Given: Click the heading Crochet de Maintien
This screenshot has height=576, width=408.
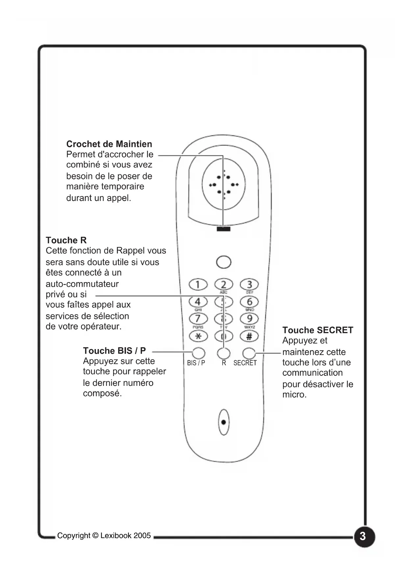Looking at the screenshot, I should [109, 144].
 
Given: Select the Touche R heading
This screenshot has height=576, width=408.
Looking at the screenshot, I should [66, 240].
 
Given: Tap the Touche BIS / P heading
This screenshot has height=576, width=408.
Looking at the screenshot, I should [114, 351].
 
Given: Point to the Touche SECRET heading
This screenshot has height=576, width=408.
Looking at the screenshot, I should [318, 330].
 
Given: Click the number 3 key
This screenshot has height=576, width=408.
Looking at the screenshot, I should [249, 284].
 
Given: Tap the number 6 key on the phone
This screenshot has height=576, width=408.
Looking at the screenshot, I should [249, 301].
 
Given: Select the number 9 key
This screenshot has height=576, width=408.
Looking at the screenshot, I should [249, 319].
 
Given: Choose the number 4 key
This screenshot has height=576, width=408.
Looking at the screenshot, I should [198, 301].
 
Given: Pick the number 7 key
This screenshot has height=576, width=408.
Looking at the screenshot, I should [198, 319].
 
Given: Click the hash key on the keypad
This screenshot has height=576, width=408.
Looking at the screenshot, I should [249, 336].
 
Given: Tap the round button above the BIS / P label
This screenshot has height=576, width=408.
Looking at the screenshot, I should [198, 353].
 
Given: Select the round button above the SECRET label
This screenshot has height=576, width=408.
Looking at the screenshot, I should [249, 353].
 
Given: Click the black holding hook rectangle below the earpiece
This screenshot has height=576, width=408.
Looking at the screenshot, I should [224, 229].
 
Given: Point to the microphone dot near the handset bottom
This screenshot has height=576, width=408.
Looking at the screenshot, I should [224, 422].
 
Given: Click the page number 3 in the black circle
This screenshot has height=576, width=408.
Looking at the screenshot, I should [363, 536].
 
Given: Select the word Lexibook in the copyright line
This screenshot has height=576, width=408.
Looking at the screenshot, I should [116, 536].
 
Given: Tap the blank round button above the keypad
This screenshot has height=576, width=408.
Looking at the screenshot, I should [224, 262].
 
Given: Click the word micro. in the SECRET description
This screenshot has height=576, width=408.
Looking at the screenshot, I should [294, 394].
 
